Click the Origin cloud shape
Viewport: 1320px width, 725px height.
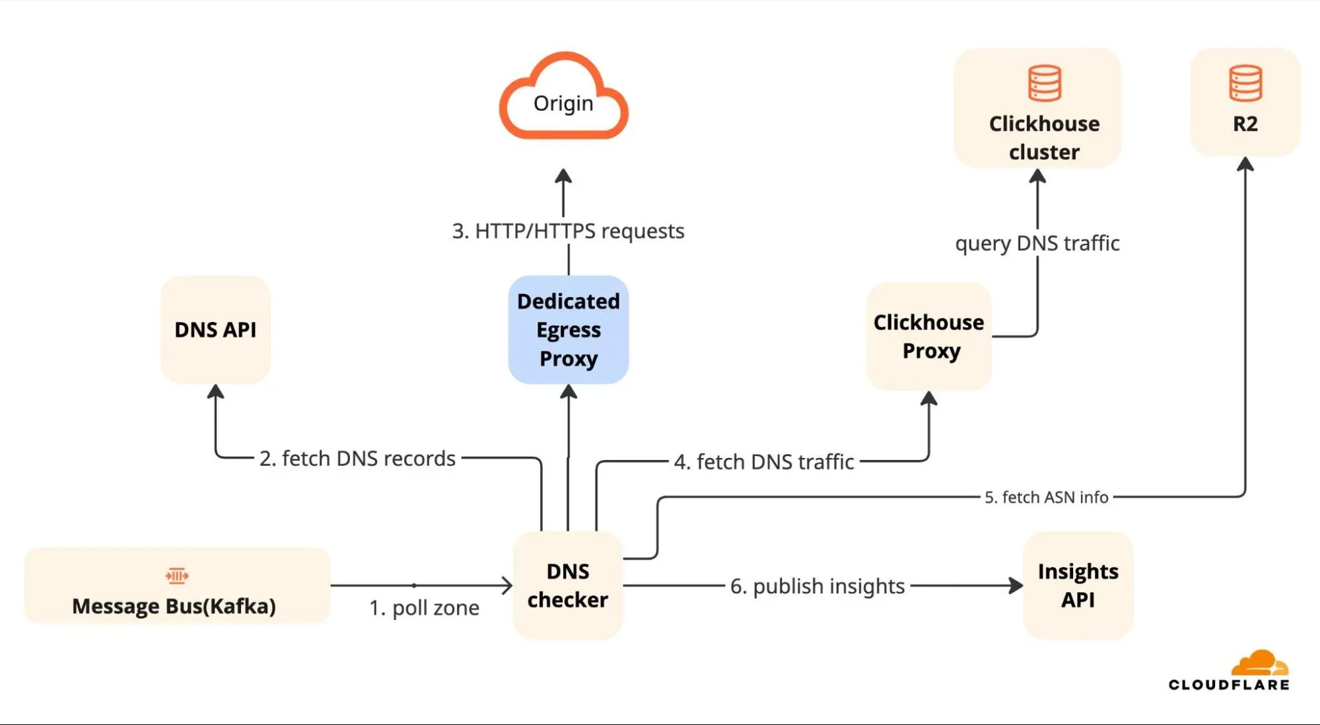[563, 99]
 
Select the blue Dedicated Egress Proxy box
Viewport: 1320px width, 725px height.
[568, 330]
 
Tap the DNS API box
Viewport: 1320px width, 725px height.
[215, 329]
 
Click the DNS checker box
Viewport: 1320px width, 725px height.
[568, 586]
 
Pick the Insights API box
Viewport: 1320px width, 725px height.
[1078, 586]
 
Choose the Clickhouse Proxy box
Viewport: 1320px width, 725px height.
[928, 336]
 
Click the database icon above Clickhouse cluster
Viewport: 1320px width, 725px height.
[1045, 83]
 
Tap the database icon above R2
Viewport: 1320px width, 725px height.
[1245, 83]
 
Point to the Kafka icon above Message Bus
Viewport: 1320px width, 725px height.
[177, 576]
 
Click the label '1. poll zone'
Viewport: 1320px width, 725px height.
[424, 607]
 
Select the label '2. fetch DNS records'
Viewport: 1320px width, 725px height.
[357, 458]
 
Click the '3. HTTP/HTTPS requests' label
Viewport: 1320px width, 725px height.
[568, 231]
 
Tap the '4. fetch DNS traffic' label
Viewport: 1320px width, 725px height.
[764, 461]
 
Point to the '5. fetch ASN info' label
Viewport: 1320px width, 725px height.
[1046, 497]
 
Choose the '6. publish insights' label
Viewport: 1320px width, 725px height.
[817, 586]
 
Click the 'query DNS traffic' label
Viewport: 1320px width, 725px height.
[1037, 243]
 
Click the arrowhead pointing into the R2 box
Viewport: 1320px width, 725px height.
[1245, 165]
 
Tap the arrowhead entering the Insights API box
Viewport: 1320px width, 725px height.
[1016, 586]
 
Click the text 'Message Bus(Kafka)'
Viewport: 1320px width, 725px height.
[174, 606]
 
